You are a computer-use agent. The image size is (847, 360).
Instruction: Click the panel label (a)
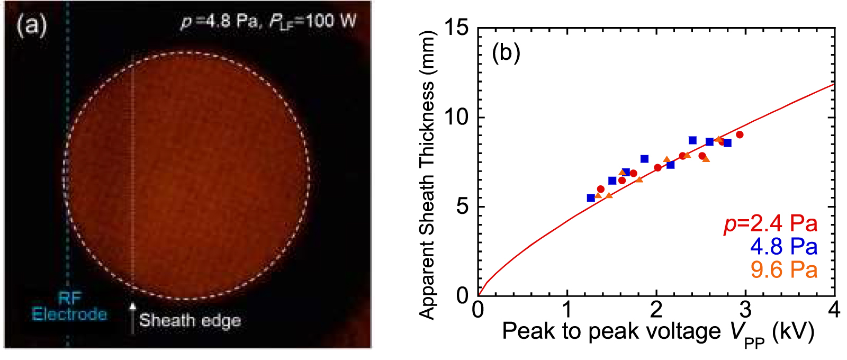(x=32, y=25)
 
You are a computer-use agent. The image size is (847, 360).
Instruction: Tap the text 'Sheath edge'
(x=190, y=320)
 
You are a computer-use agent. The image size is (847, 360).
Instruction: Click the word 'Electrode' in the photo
(x=69, y=314)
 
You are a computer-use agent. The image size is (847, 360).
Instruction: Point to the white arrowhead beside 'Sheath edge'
(x=132, y=306)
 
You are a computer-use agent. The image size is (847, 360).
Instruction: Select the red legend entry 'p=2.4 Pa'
(x=770, y=224)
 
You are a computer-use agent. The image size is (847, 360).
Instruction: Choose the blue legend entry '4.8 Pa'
(x=783, y=247)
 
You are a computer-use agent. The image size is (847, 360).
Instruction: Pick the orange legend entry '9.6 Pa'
(x=783, y=270)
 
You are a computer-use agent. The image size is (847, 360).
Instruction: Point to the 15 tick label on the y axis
(x=456, y=28)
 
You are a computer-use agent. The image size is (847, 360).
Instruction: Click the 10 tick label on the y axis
(x=456, y=117)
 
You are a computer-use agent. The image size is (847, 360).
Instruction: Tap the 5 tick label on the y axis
(x=462, y=206)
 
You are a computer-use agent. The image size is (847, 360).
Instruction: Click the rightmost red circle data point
(x=740, y=134)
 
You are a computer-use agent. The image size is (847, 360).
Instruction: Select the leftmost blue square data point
(x=591, y=198)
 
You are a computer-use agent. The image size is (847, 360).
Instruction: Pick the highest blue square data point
(x=692, y=140)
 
